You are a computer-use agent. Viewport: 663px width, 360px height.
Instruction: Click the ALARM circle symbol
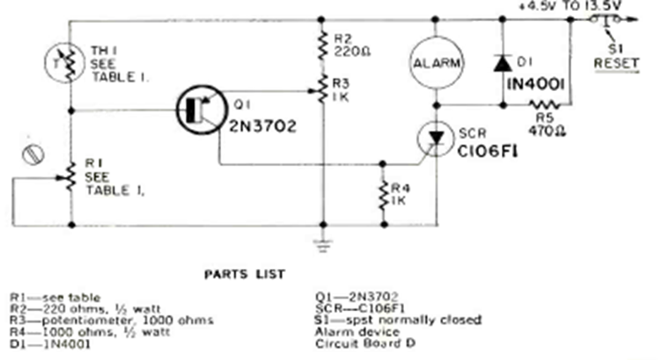[x=436, y=62]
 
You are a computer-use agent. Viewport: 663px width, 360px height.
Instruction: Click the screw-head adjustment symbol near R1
[x=34, y=157]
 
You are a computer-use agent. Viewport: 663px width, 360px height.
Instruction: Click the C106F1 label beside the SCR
[x=496, y=152]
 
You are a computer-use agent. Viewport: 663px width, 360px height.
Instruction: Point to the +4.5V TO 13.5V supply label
[x=572, y=7]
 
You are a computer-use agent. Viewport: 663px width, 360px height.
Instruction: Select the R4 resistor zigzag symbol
[x=383, y=193]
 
